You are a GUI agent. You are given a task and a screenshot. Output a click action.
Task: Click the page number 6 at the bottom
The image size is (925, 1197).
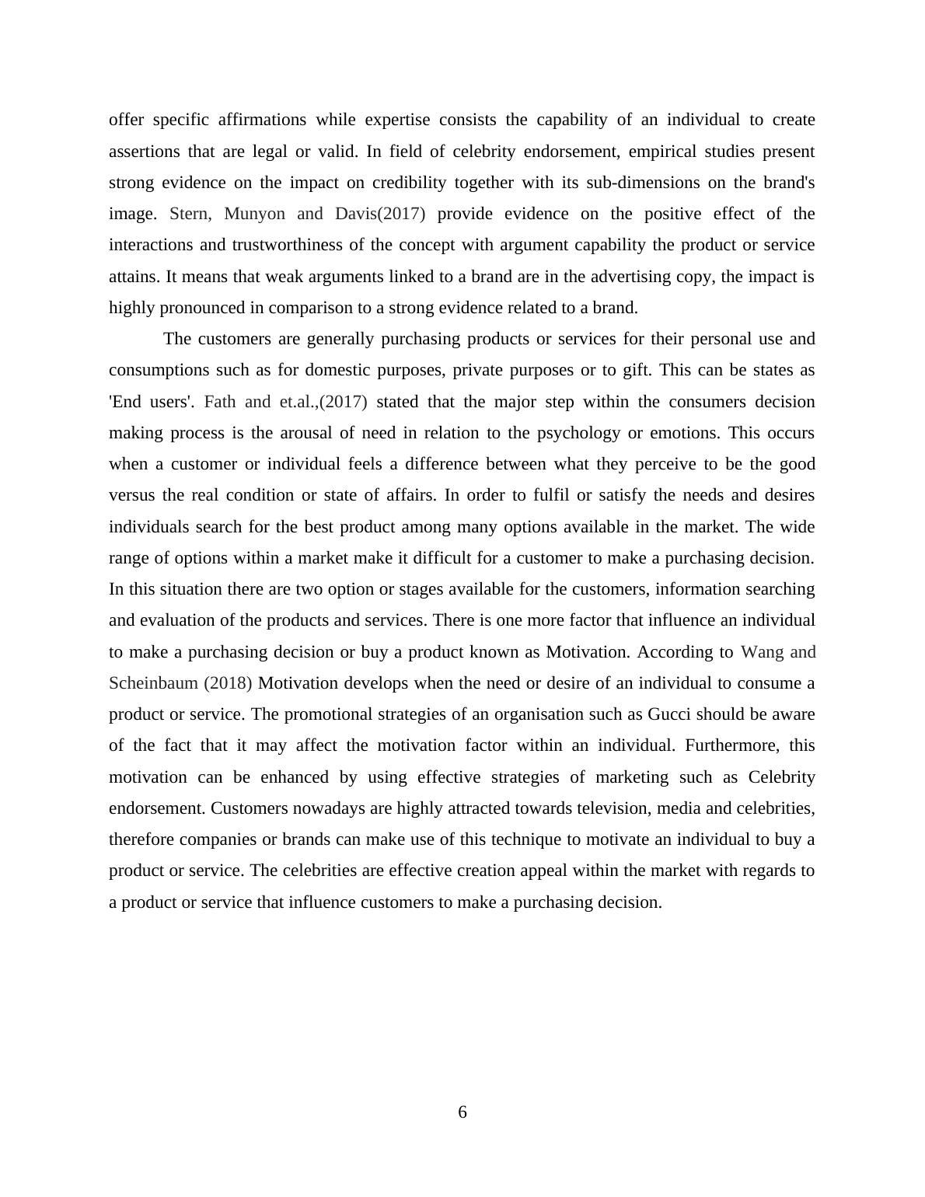tap(462, 1112)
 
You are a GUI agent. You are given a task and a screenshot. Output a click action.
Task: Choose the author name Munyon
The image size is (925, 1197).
tap(254, 214)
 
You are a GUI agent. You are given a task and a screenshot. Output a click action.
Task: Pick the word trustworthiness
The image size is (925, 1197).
tap(289, 245)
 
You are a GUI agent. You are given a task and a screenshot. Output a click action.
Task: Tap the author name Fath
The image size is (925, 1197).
tap(220, 402)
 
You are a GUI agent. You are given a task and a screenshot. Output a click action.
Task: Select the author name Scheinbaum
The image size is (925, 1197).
tap(153, 683)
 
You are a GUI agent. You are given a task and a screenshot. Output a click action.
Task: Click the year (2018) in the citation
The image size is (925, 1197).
tap(228, 683)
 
